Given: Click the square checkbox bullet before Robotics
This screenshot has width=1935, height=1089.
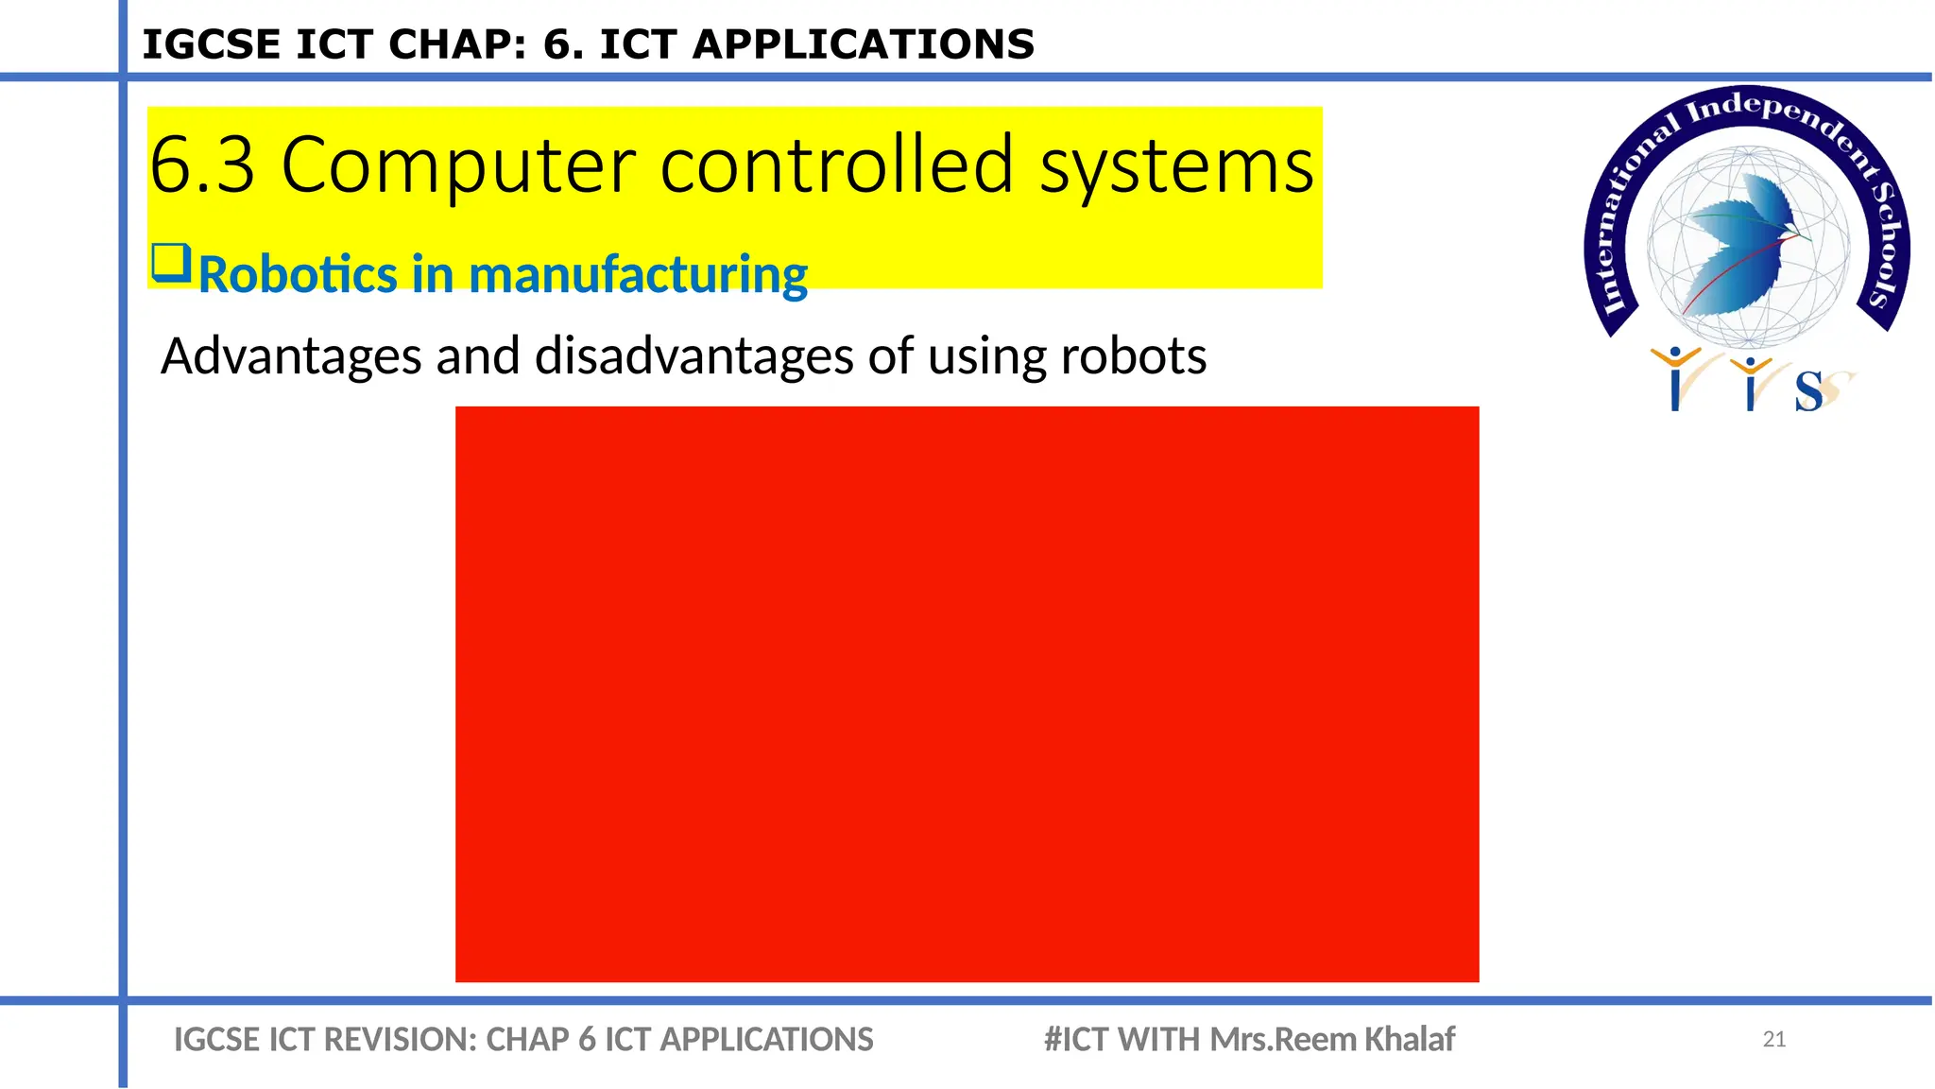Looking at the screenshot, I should coord(171,263).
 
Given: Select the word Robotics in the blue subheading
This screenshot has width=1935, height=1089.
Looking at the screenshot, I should coord(299,275).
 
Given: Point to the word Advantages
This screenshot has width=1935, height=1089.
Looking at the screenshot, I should coord(291,356).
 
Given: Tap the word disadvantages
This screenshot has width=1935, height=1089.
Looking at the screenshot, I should coord(694,356).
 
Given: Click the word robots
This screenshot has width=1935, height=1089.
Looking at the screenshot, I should coord(1133,356).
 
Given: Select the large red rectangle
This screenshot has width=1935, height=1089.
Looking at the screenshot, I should coord(967,694).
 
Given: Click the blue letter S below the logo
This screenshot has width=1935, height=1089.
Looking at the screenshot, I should coord(1808,391).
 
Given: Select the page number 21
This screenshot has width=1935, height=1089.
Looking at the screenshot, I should coord(1773,1040).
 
